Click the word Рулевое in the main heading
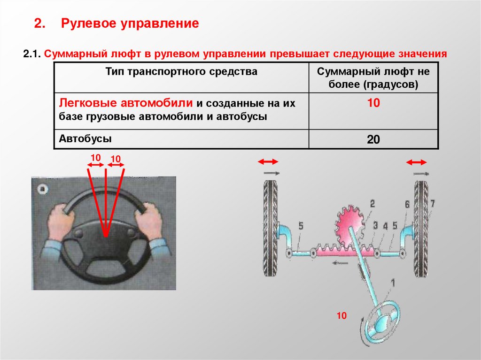[90, 23]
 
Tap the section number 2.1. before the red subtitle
[32, 54]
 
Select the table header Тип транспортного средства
[181, 72]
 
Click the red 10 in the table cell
[373, 103]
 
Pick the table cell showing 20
[373, 139]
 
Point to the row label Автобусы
[85, 138]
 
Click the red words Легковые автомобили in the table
[126, 103]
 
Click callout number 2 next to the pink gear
[372, 204]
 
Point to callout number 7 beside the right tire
[432, 203]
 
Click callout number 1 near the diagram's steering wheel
[393, 283]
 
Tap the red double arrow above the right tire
[416, 162]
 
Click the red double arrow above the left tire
[268, 161]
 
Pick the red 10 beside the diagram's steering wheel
[341, 315]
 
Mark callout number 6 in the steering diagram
[407, 204]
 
